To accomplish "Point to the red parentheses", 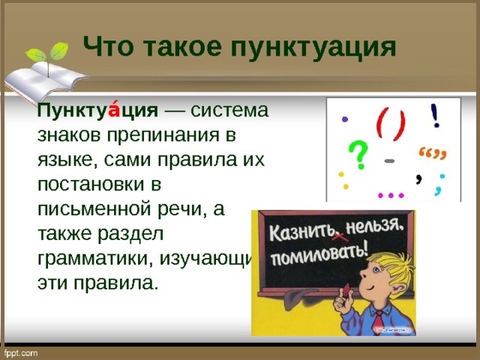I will point(391,124).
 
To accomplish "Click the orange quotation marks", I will point(432,154).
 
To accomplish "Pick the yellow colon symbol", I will point(342,180).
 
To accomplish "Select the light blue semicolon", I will point(439,182).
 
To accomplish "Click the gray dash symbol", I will point(391,160).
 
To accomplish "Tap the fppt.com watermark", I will point(22,352).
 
